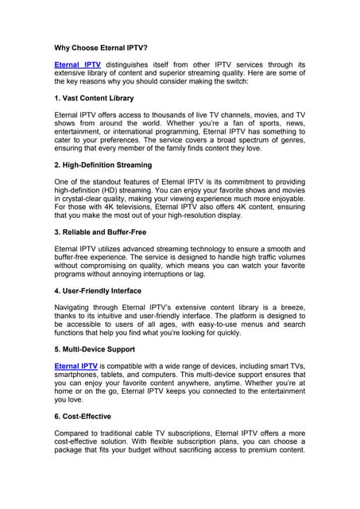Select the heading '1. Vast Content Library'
click(93, 98)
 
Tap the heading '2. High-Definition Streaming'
click(103, 165)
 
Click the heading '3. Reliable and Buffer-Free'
click(100, 231)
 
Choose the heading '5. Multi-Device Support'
click(95, 349)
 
